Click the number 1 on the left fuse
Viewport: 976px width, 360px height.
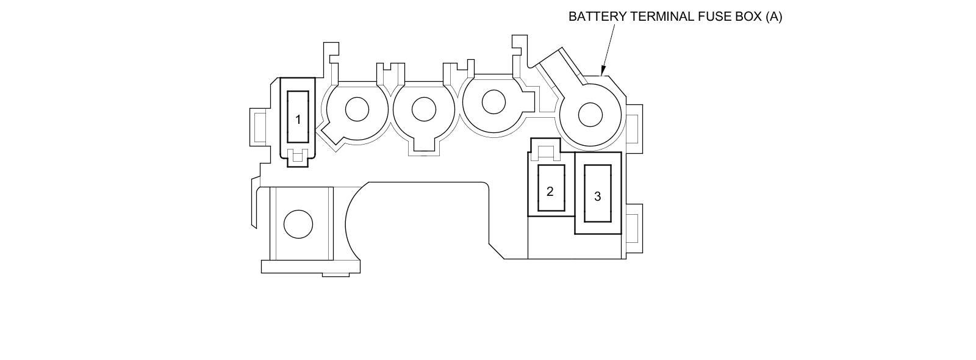(x=298, y=120)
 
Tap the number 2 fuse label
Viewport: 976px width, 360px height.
(x=550, y=192)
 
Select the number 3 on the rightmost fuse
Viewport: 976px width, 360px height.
(x=597, y=196)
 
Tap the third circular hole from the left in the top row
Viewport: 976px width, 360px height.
(x=493, y=102)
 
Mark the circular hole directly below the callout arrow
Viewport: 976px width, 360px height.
(x=590, y=115)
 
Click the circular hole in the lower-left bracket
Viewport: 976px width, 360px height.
(x=298, y=224)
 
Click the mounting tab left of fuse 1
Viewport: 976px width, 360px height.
(x=259, y=127)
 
